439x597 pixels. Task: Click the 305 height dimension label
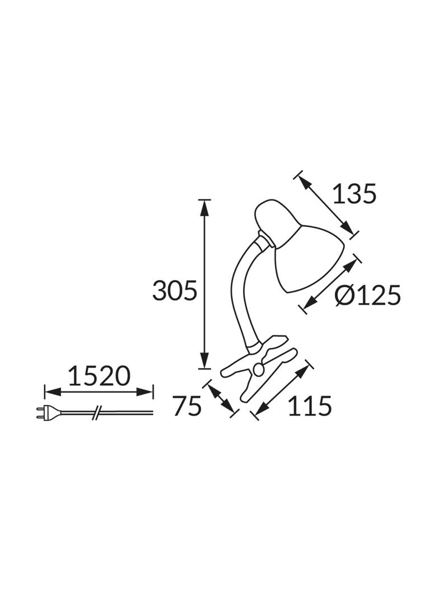[175, 291]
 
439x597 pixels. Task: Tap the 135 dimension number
[354, 194]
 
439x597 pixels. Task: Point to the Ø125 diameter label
[368, 295]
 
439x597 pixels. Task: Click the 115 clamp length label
[310, 405]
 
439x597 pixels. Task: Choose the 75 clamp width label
[186, 406]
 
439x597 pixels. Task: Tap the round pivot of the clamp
[259, 369]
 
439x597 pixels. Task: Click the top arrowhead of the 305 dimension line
[205, 206]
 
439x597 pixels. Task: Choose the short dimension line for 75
[222, 399]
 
